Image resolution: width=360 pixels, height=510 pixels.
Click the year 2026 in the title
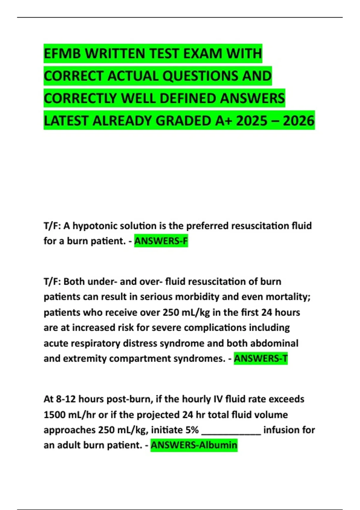298,121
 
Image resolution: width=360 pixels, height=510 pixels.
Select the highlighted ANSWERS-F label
161,241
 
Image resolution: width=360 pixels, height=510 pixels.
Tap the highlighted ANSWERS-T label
261,358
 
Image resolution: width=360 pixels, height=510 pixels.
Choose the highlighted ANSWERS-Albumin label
194,445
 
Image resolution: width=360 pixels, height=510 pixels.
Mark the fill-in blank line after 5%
231,432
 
